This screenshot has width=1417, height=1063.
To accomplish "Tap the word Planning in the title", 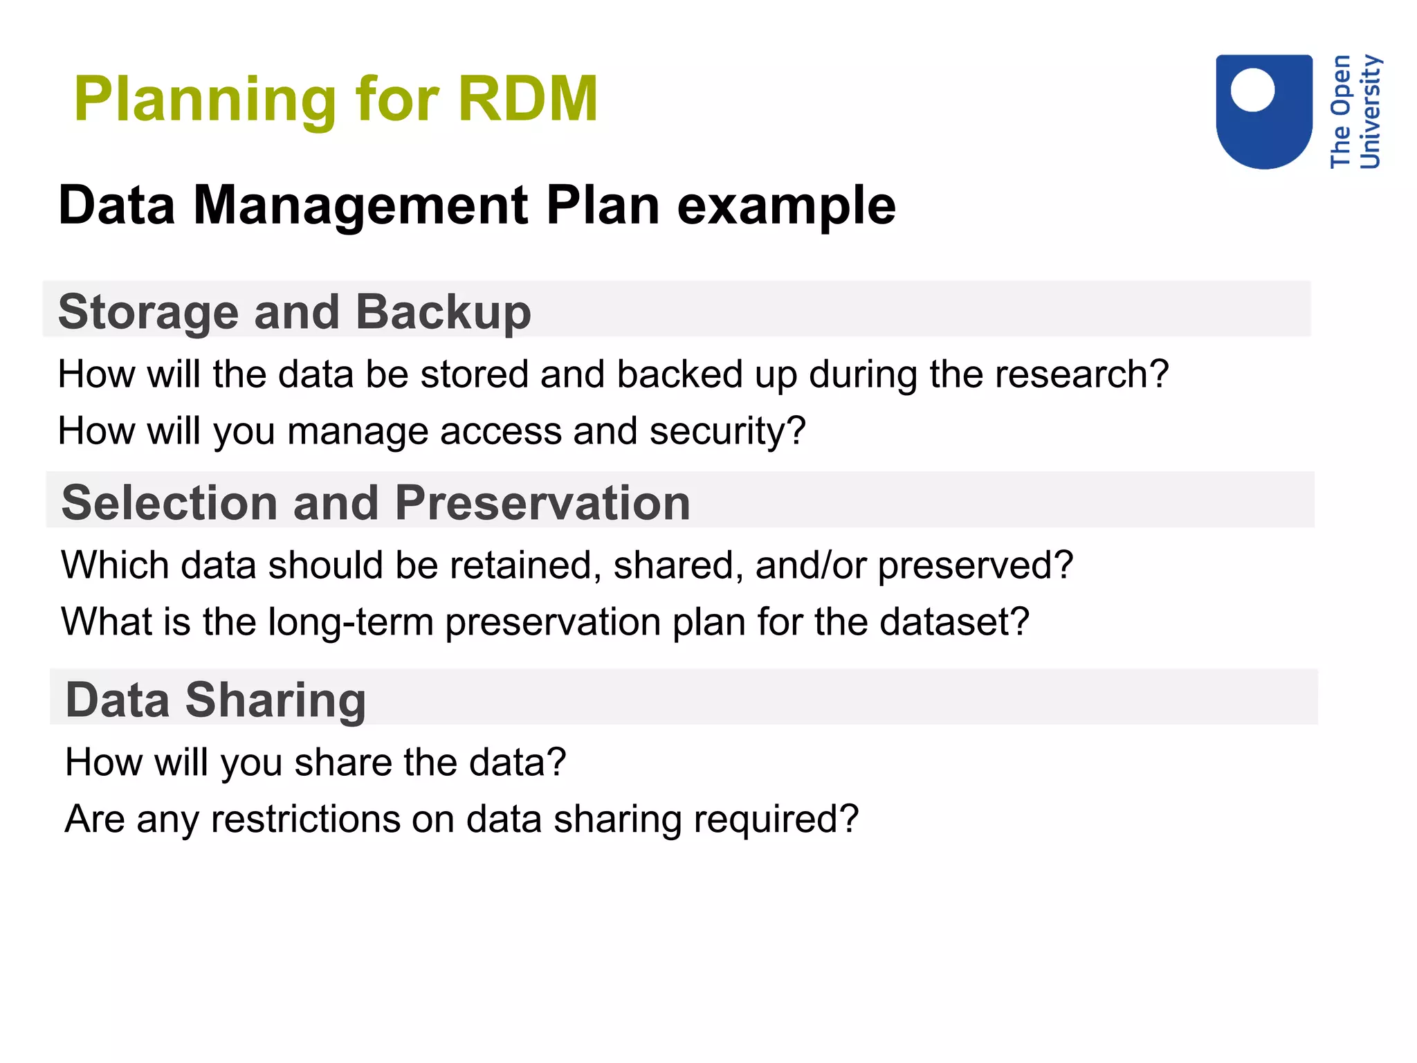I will click(x=205, y=101).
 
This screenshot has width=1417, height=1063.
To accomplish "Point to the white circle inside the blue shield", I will click(x=1252, y=89).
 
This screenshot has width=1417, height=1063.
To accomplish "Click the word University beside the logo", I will click(x=1370, y=111).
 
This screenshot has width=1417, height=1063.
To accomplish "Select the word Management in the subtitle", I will click(x=360, y=206).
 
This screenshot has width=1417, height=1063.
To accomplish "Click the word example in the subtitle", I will click(x=786, y=206).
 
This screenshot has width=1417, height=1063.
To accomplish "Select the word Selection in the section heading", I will click(x=170, y=502).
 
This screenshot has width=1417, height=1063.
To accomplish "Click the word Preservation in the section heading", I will click(x=542, y=502).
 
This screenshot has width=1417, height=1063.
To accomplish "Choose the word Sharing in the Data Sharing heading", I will click(x=275, y=700).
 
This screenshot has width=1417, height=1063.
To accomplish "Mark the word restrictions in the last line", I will click(x=305, y=819).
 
